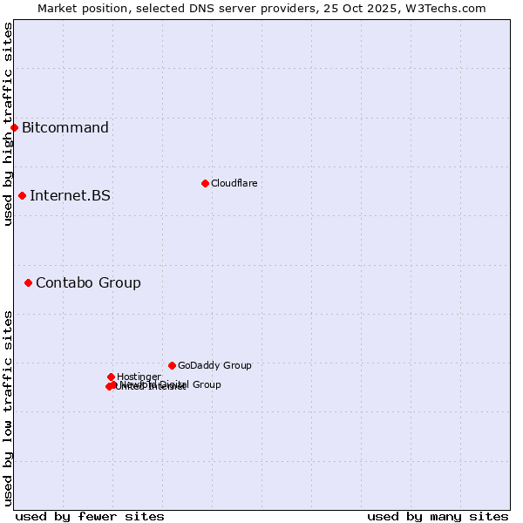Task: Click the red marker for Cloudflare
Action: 205,183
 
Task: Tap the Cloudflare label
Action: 234,183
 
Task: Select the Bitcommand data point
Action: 14,128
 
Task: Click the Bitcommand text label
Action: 65,128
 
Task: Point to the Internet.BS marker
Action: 22,195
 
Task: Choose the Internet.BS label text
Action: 70,195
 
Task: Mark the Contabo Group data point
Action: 28,282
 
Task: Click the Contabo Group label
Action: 88,282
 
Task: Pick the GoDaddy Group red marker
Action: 172,365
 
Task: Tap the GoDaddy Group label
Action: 214,365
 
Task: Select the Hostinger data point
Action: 111,377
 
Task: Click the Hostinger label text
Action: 139,377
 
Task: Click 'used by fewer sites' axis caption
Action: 90,516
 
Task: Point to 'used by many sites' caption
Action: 438,516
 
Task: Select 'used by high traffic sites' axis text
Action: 8,124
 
